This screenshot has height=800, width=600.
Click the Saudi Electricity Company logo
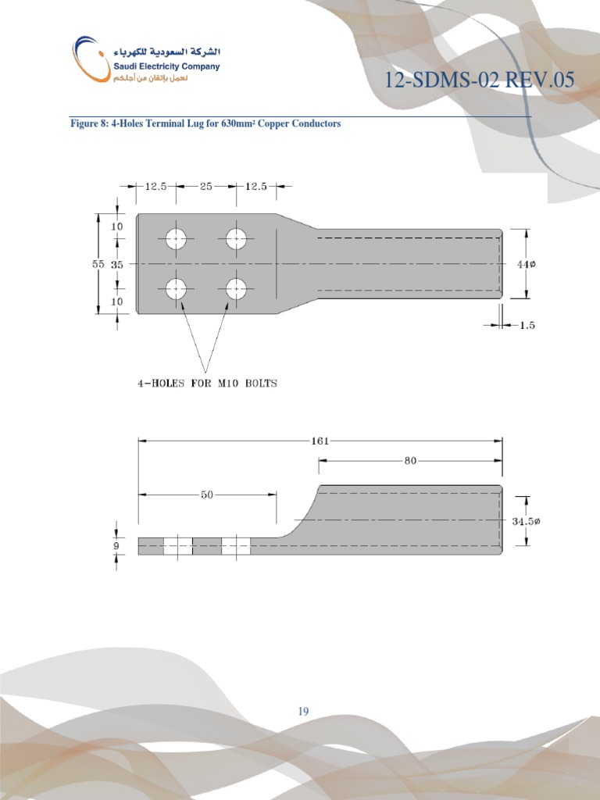coord(146,61)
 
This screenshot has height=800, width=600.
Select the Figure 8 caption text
coord(205,124)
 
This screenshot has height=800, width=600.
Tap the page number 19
coord(303,711)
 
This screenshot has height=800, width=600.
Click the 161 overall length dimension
coord(320,441)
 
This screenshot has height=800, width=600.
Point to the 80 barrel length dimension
coord(410,461)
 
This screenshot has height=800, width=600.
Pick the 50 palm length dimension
coord(207,495)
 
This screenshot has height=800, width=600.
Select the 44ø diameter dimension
coord(526,264)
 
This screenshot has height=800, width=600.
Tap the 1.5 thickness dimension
coord(527,325)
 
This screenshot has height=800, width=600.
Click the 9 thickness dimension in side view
coord(116,545)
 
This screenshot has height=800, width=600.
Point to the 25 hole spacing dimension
coord(206,187)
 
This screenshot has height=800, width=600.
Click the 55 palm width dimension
coord(98,264)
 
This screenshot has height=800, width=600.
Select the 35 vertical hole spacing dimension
coord(117,264)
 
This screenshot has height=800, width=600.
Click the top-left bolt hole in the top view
coord(177,239)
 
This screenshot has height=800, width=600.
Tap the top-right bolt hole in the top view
coord(237,239)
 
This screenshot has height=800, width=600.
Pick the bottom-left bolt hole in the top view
coord(177,289)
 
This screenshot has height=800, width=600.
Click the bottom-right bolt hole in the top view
coord(237,289)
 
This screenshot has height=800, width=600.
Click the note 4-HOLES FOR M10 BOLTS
coord(207,384)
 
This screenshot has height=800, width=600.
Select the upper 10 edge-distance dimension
coord(117,227)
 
